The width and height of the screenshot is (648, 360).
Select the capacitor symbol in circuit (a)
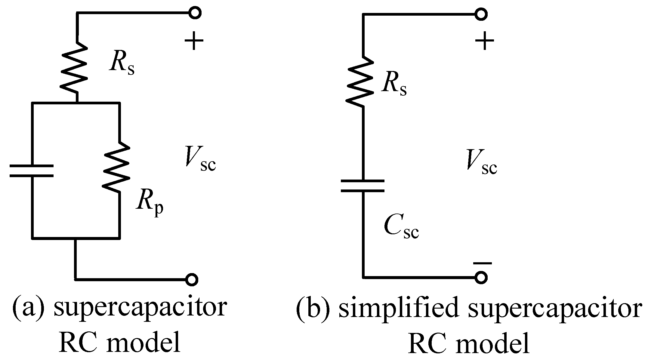coord(32,171)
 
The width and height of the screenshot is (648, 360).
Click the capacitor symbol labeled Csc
coord(363,186)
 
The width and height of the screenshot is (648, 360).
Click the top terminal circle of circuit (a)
coord(195,13)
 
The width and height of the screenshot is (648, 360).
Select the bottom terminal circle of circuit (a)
coord(191,279)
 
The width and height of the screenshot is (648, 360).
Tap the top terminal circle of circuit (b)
coord(481,14)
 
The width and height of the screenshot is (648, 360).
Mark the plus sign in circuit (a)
coord(194,40)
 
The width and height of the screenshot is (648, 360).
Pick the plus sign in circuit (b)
coord(484,41)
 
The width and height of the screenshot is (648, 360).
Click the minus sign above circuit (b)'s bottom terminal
coord(482,263)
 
